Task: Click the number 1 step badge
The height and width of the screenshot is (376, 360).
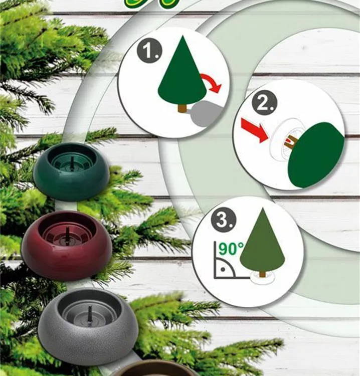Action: (x=149, y=51)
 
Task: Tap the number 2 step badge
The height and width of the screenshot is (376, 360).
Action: (x=265, y=104)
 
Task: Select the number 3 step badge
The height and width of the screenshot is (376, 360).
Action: (x=224, y=220)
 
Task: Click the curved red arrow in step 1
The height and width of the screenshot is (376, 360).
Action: (x=211, y=82)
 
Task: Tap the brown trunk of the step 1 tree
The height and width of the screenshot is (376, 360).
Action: (x=183, y=108)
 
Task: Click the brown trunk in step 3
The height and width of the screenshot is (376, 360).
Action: (x=262, y=275)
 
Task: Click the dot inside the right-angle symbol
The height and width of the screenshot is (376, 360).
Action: (x=223, y=270)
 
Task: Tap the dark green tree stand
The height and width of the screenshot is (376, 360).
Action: (x=72, y=171)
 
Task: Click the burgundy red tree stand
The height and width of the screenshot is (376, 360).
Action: (x=67, y=246)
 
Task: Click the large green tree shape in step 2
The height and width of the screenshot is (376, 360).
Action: (x=316, y=154)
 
